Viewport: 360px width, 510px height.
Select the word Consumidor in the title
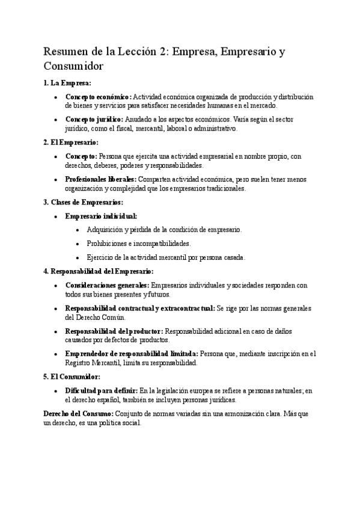74,66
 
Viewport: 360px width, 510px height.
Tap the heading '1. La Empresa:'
67,83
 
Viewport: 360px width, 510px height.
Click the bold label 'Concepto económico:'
98,97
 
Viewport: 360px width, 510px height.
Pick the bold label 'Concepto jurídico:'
94,120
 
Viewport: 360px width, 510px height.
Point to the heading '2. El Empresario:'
72,142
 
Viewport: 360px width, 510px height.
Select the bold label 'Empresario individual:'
101,215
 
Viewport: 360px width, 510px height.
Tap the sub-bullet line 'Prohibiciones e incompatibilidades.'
147,244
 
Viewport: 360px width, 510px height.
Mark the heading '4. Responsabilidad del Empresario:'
99,271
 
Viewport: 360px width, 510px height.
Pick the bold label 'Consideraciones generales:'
107,286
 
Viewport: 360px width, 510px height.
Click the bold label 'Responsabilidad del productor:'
114,331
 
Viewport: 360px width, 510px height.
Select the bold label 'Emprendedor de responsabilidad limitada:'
132,354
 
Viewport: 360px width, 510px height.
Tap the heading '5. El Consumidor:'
72,376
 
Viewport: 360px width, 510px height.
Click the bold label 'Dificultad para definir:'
101,390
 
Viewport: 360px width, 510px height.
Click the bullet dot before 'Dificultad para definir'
56,391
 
